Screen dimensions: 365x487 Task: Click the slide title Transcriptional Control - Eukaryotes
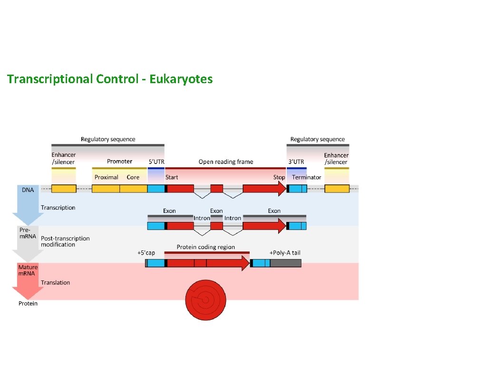tap(110, 79)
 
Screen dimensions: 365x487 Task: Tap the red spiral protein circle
tap(205, 299)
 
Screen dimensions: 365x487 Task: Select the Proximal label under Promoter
tap(106, 177)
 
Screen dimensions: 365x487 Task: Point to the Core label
tap(133, 177)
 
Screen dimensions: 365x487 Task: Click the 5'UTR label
tap(156, 162)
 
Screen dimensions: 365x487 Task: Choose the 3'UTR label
tap(296, 162)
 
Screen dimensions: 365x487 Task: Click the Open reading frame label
tap(226, 162)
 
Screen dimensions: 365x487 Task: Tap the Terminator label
tap(307, 177)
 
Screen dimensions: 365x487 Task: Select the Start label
tap(172, 177)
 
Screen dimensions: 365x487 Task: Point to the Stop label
tap(279, 177)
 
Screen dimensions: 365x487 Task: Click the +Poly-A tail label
tap(285, 253)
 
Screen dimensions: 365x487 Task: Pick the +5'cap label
tap(146, 253)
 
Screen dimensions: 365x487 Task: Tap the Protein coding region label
tap(206, 247)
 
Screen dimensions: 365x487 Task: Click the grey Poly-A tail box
tap(286, 263)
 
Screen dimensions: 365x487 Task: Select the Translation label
tap(55, 283)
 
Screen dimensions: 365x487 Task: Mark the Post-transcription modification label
tap(65, 241)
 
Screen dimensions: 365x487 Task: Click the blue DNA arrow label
tap(28, 190)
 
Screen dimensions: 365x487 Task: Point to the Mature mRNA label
tap(28, 270)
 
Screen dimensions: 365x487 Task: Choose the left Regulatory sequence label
tap(108, 139)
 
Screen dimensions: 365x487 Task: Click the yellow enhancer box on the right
tap(337, 189)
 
